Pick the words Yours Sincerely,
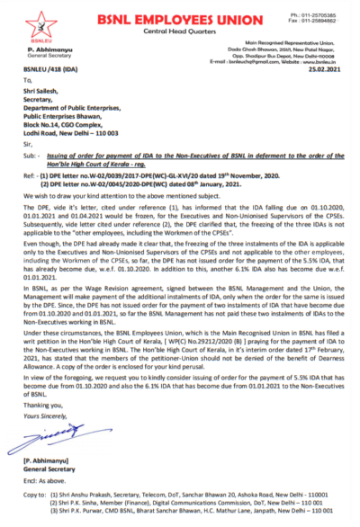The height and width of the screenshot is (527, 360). tap(49, 421)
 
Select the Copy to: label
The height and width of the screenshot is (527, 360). tap(40, 495)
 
